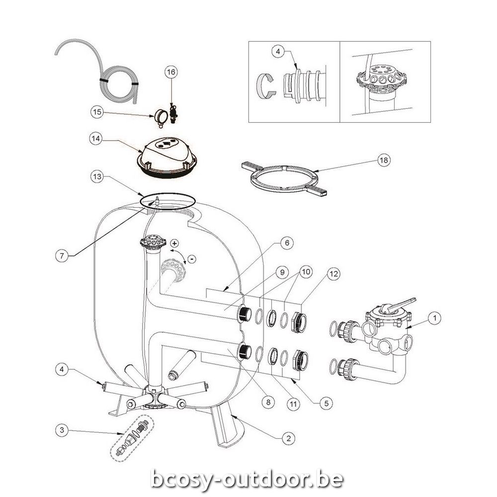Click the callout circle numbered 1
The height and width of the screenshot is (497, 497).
click(x=434, y=316)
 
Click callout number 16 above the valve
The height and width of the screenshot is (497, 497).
click(x=170, y=72)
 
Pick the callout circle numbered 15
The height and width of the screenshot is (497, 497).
click(x=96, y=112)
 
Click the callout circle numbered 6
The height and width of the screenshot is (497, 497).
click(x=287, y=243)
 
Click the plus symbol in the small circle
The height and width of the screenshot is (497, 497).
click(x=174, y=243)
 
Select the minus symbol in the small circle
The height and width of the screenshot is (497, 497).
click(x=192, y=258)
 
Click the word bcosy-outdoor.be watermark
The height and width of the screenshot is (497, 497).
click(x=247, y=479)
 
